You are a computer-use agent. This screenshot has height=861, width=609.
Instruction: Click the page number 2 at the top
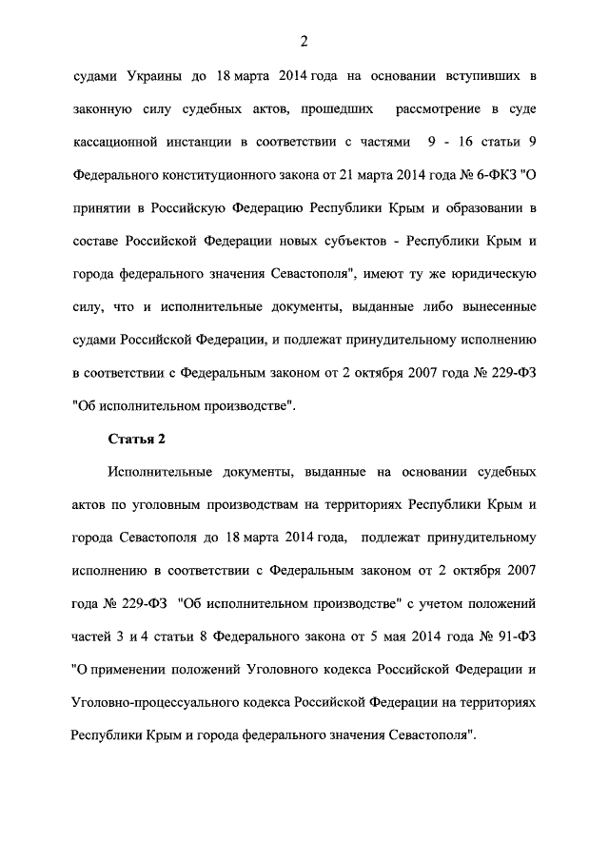304,40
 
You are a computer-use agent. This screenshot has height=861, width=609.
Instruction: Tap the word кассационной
127,143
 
